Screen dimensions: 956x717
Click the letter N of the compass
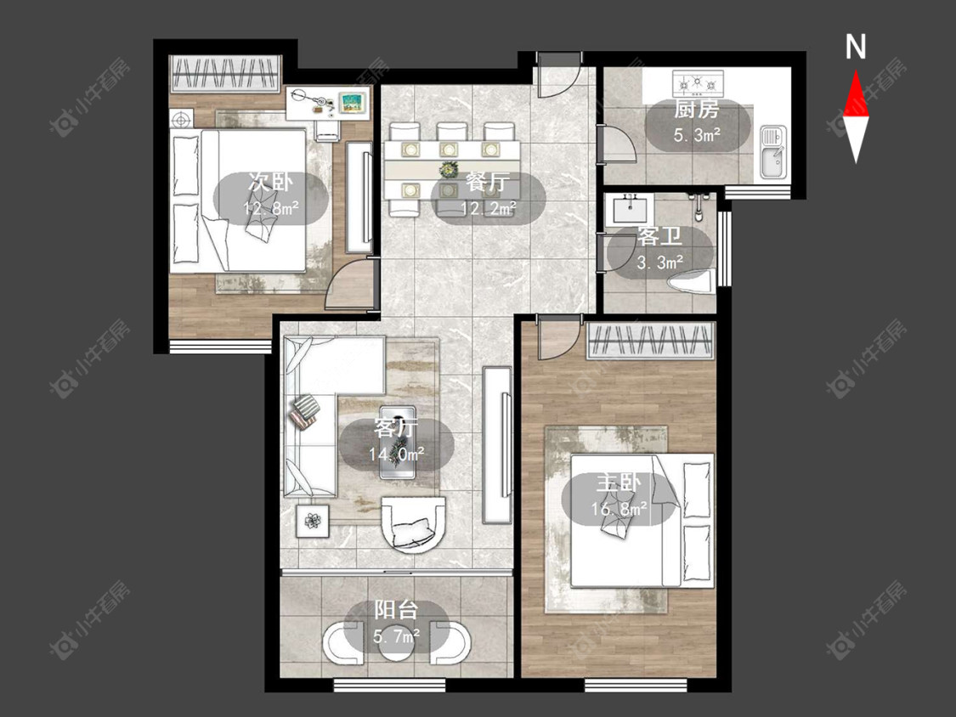pyautogui.click(x=856, y=47)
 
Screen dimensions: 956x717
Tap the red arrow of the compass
pyautogui.click(x=856, y=94)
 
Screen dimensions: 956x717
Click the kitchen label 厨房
pyautogui.click(x=696, y=110)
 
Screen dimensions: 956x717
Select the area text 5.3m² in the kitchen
pyautogui.click(x=697, y=135)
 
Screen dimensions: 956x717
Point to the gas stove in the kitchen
pyautogui.click(x=698, y=82)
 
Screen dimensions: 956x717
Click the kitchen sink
pyautogui.click(x=772, y=152)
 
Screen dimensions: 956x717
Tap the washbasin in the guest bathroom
pyautogui.click(x=631, y=209)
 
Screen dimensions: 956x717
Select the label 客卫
pyautogui.click(x=659, y=237)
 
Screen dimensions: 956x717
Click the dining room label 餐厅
pyautogui.click(x=488, y=183)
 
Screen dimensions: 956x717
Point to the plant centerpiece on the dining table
pyautogui.click(x=449, y=169)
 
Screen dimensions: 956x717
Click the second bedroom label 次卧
pyautogui.click(x=270, y=182)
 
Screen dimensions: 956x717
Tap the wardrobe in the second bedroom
pyautogui.click(x=225, y=73)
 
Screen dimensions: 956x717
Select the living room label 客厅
pyautogui.click(x=396, y=429)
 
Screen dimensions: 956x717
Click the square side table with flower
pyautogui.click(x=313, y=521)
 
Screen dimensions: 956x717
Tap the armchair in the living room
pyautogui.click(x=413, y=524)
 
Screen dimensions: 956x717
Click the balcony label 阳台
pyautogui.click(x=396, y=610)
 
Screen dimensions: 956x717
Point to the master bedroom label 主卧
pyautogui.click(x=619, y=483)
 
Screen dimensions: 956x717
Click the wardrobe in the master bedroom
pyautogui.click(x=650, y=341)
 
